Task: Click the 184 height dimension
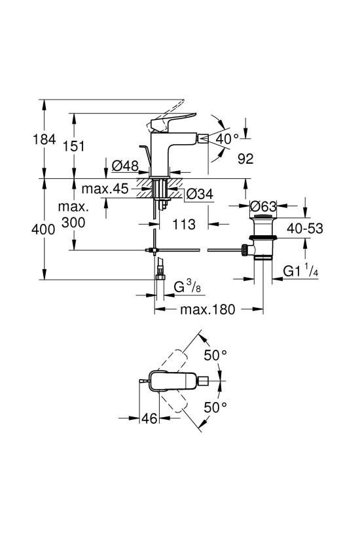pyautogui.click(x=44, y=139)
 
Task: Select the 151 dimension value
pyautogui.click(x=74, y=146)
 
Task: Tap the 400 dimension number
pyautogui.click(x=43, y=229)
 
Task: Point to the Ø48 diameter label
pyautogui.click(x=125, y=166)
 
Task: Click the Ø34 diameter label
pyautogui.click(x=200, y=194)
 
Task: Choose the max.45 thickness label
pyautogui.click(x=105, y=188)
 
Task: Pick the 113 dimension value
pyautogui.click(x=184, y=225)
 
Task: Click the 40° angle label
pyautogui.click(x=227, y=139)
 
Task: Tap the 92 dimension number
pyautogui.click(x=245, y=158)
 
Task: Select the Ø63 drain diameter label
pyautogui.click(x=263, y=206)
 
